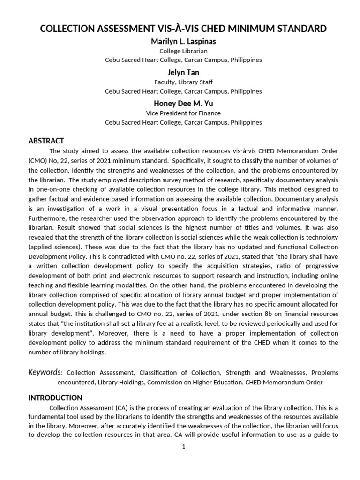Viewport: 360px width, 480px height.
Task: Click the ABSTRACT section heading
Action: tap(46, 141)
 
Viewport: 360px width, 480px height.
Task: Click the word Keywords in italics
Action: tap(45, 372)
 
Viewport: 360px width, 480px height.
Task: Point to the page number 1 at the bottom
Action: tap(184, 446)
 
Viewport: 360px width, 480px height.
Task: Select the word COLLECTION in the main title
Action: tap(70, 29)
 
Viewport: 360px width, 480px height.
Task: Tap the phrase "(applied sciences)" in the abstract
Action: tap(54, 247)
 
